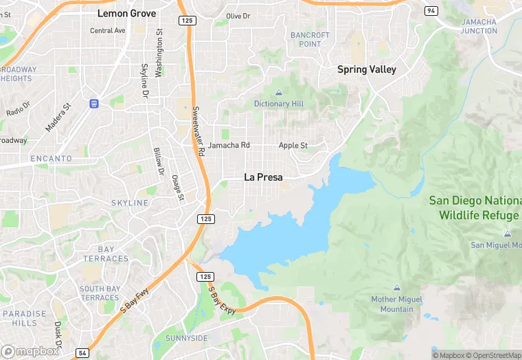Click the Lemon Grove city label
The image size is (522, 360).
coord(126,13)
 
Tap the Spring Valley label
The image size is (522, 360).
coord(367,69)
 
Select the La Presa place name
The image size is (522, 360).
coord(264,177)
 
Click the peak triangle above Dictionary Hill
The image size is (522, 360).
coord(279,93)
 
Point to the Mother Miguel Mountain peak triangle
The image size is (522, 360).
coord(396,288)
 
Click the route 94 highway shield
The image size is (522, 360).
coord(431,11)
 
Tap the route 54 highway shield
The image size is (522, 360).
coord(81,352)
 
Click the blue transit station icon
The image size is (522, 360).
coord(94,103)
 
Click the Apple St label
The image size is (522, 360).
coord(293,146)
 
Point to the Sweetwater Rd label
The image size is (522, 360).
coord(198,131)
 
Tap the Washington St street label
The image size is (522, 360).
coord(159,52)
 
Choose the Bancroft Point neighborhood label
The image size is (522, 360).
coord(310,39)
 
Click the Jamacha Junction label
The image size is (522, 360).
coord(479,26)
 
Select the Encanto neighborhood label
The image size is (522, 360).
coord(51,159)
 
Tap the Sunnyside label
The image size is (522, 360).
coord(186,339)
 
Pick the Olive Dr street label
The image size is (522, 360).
coord(238,16)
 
